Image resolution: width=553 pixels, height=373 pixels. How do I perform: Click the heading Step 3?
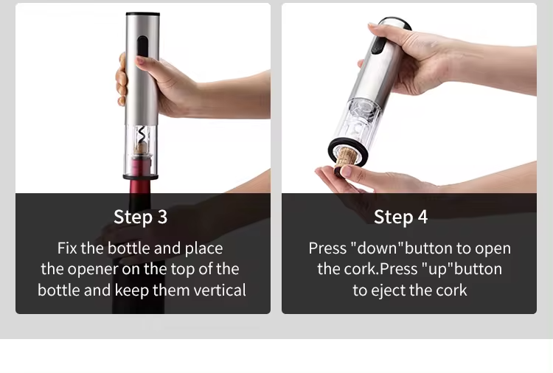pos(140,217)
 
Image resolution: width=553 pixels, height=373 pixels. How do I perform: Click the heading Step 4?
pos(400,217)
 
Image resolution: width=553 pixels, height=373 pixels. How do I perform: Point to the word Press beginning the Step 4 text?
pos(327,248)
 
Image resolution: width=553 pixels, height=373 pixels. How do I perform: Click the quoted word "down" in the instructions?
pos(377,248)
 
